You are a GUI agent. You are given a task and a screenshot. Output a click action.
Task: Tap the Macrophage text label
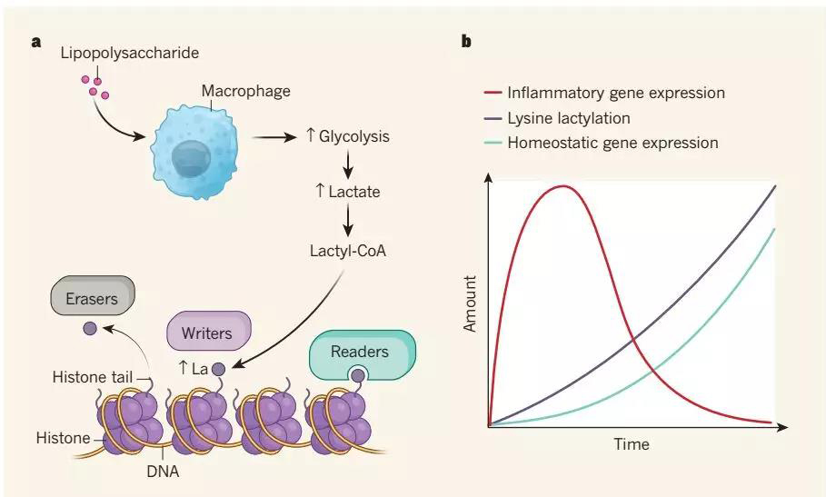pos(245,91)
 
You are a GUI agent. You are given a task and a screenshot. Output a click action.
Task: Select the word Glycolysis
pos(353,137)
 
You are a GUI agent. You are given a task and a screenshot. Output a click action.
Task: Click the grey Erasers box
pos(93,297)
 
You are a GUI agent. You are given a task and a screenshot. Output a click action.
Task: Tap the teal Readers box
pos(359,352)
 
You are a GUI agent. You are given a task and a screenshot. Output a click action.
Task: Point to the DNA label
pos(165,472)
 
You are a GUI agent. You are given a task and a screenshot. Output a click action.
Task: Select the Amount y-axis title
pos(470,306)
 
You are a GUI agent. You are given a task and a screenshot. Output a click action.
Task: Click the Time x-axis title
pos(631,444)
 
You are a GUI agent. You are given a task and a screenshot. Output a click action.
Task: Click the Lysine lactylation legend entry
pos(582,118)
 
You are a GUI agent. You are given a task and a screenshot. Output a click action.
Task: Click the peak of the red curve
pos(563,187)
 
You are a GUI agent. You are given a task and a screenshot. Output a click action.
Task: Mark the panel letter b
pos(466,41)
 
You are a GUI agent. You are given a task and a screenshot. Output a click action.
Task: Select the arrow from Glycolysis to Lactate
pos(349,164)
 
